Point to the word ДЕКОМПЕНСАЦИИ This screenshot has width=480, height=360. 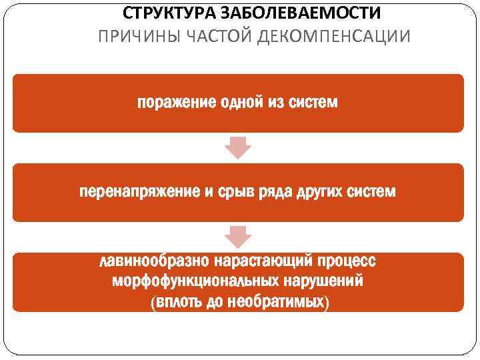tap(329, 35)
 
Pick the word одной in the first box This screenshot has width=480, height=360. tap(239, 103)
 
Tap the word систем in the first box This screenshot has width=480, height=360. tap(313, 103)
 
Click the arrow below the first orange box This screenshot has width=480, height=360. tap(237, 147)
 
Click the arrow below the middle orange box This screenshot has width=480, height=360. tap(237, 237)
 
